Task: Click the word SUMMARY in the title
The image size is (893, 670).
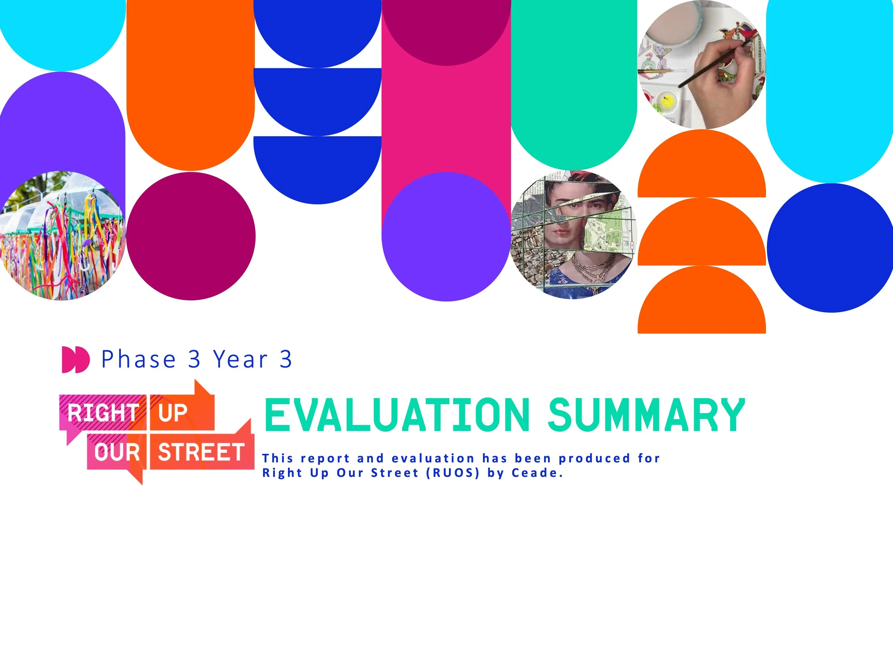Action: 646,415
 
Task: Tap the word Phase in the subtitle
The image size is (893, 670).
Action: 139,359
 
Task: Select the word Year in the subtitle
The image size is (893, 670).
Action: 241,359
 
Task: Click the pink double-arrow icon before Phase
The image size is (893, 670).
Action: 75,359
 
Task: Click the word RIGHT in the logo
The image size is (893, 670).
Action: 103,413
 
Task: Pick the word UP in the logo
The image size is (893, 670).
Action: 173,413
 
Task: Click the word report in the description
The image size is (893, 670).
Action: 325,458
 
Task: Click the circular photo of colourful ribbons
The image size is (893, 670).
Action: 63,236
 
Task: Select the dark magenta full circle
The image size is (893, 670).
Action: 191,236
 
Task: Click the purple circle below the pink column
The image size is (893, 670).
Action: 446,237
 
